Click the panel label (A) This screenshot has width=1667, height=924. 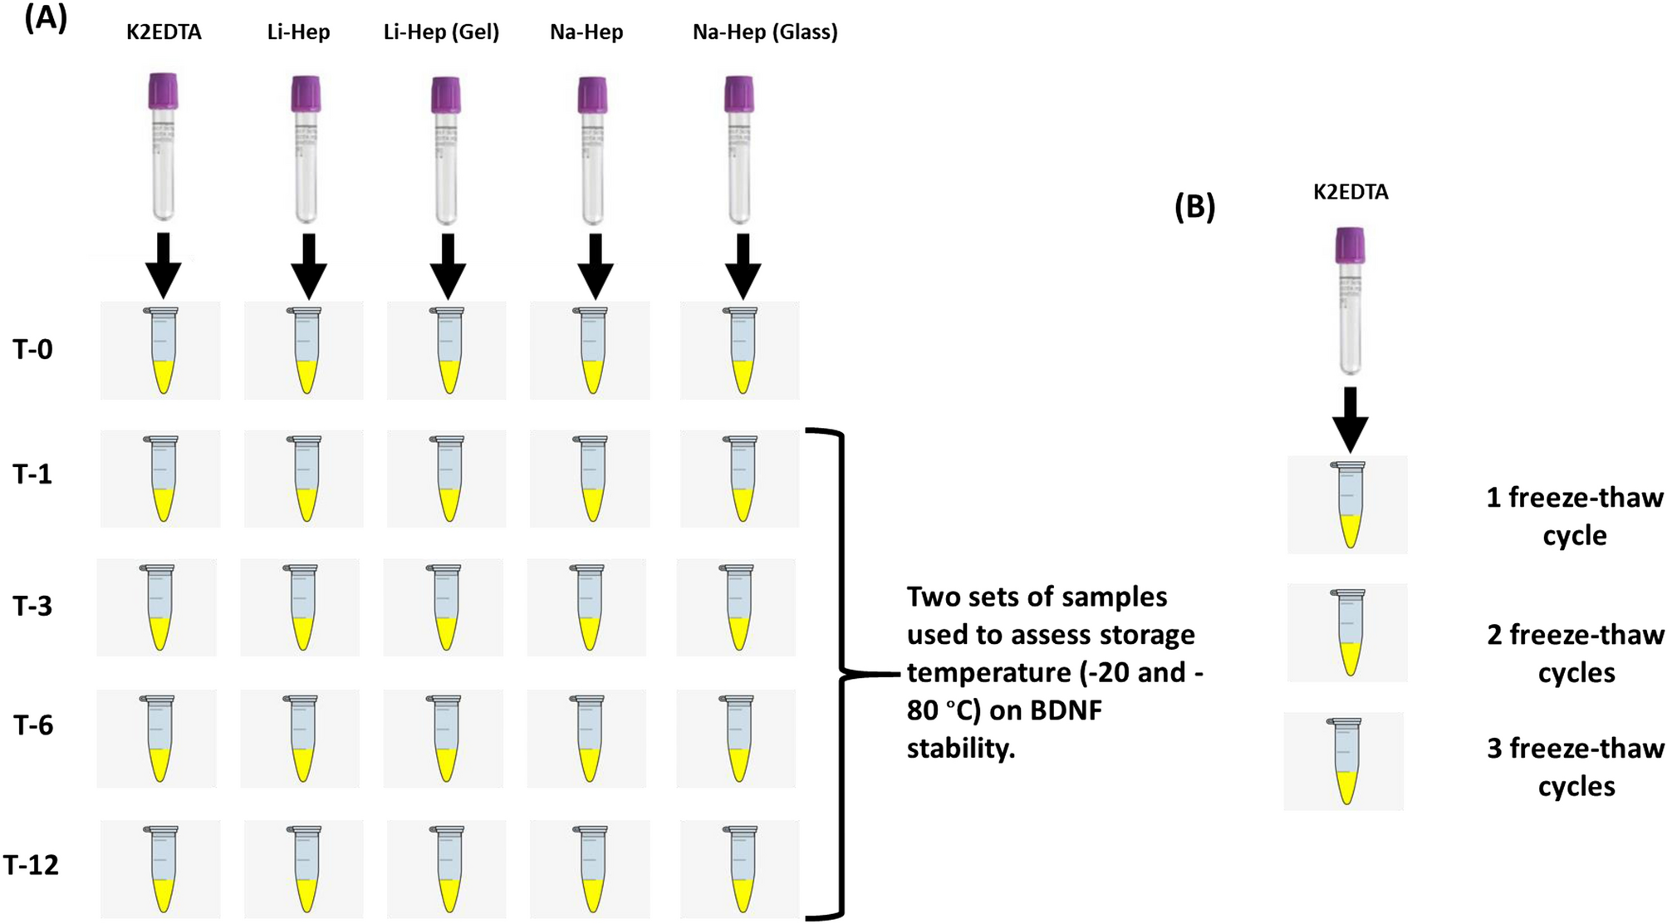pyautogui.click(x=46, y=18)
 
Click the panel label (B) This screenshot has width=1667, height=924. pyautogui.click(x=1194, y=207)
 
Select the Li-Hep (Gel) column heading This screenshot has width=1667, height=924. pyautogui.click(x=441, y=32)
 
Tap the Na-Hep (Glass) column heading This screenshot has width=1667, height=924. pyautogui.click(x=764, y=32)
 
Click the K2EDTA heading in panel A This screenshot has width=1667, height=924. pyautogui.click(x=164, y=32)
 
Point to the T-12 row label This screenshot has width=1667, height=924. pyautogui.click(x=32, y=865)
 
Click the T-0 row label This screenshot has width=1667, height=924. pyautogui.click(x=33, y=349)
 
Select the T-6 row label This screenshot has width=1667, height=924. pyautogui.click(x=33, y=725)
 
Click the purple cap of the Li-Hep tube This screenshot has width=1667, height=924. pyautogui.click(x=306, y=94)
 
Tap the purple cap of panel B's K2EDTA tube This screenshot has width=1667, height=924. pyautogui.click(x=1350, y=246)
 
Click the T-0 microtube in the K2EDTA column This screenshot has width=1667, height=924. pyautogui.click(x=162, y=351)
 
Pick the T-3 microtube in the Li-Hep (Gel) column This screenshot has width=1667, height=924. pyautogui.click(x=446, y=607)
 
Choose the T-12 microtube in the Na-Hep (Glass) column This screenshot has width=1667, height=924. pyautogui.click(x=740, y=869)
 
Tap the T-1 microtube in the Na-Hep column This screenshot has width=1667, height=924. pyautogui.click(x=591, y=479)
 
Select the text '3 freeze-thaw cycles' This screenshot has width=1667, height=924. pyautogui.click(x=1575, y=767)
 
